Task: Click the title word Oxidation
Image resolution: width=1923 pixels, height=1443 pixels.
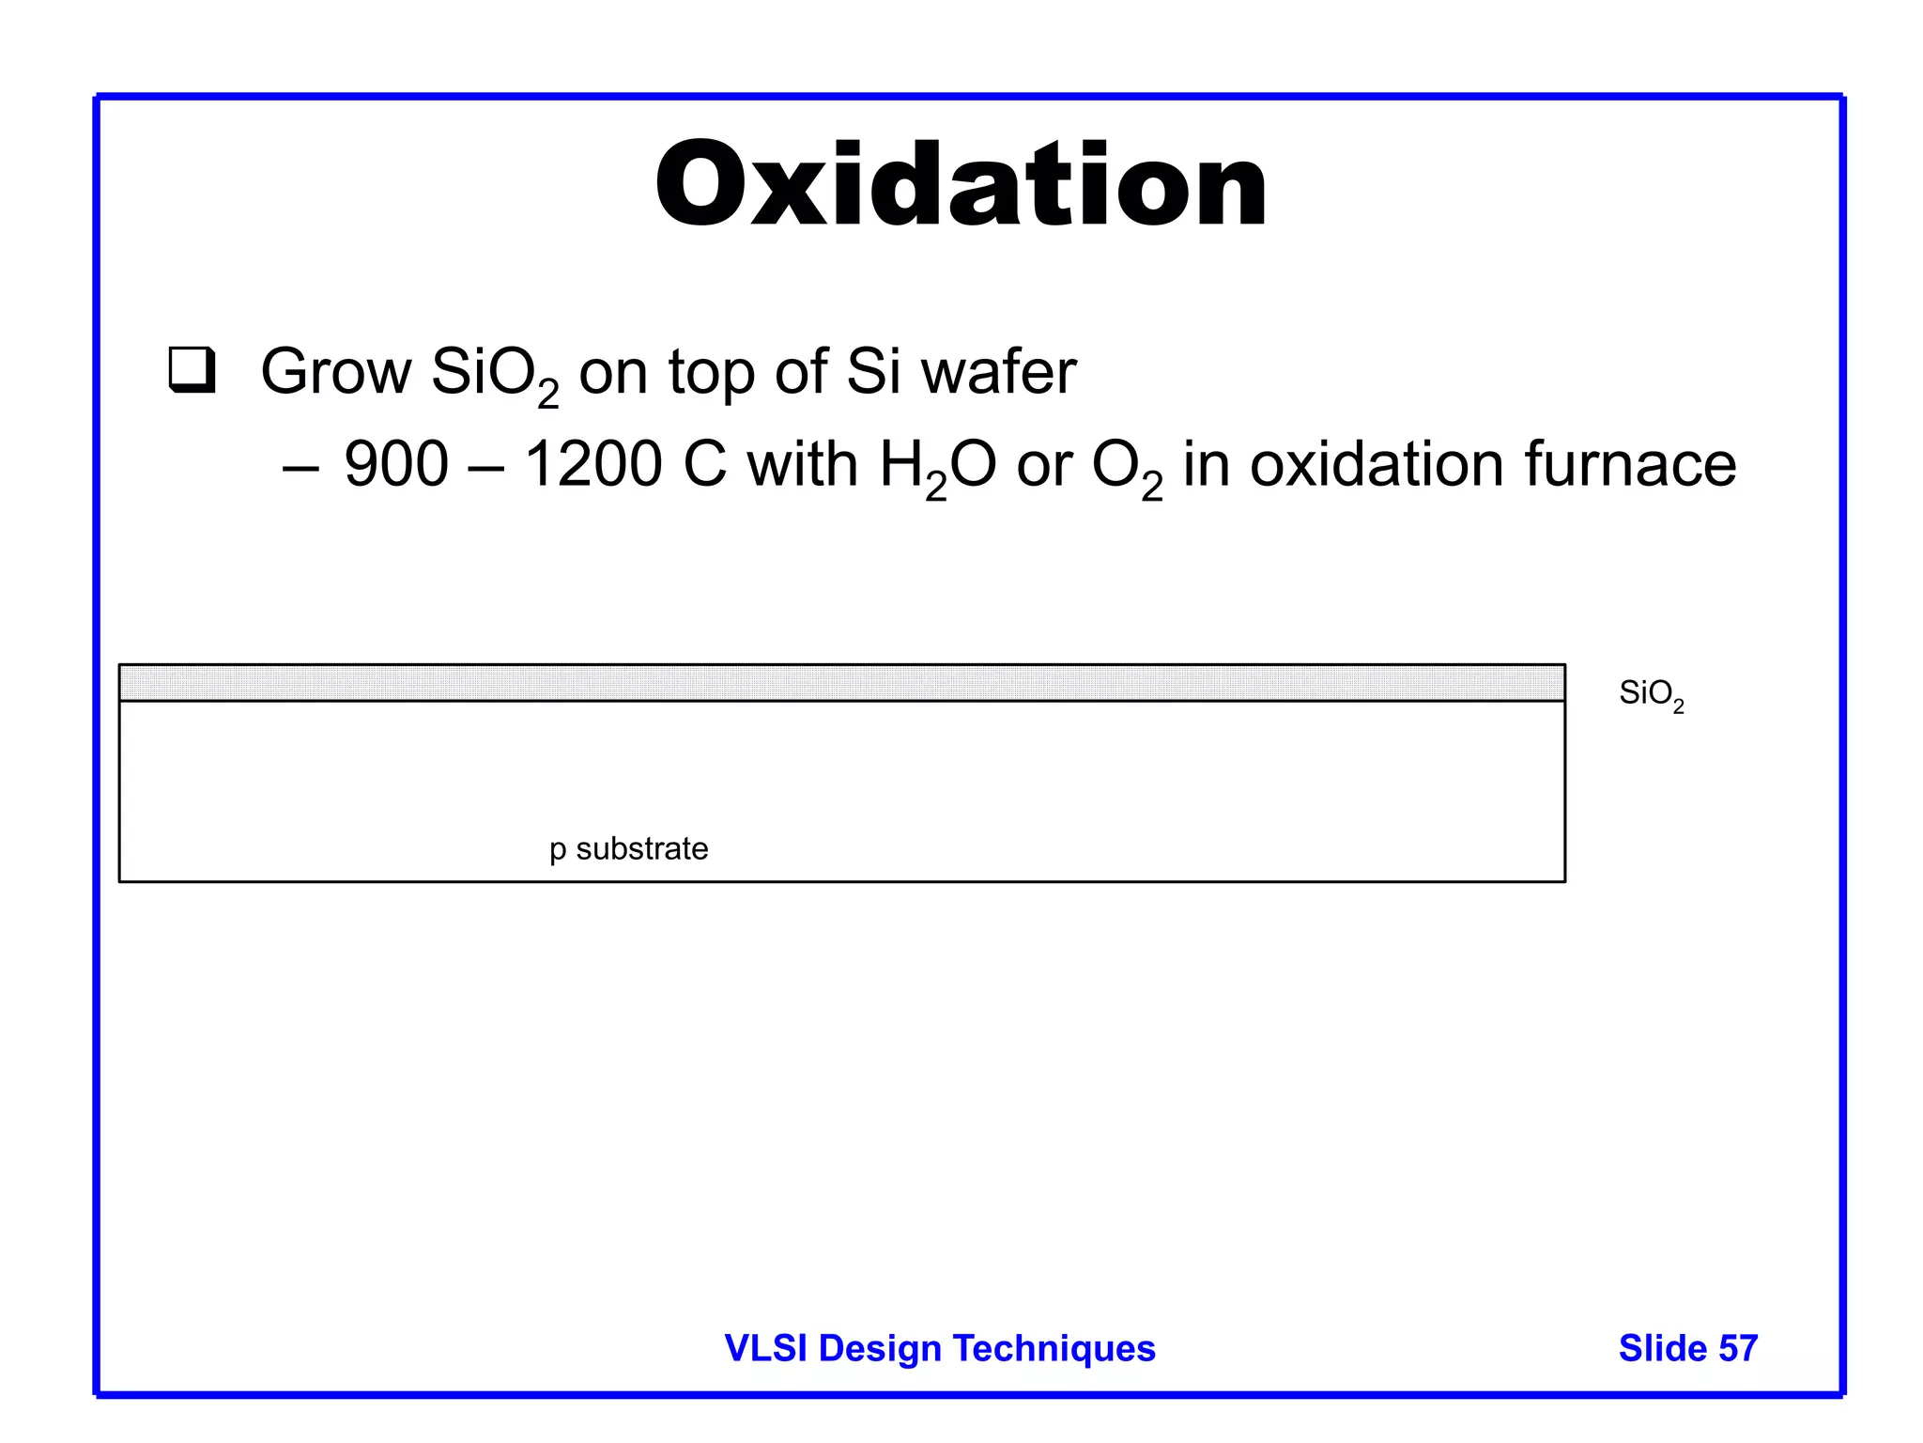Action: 961,185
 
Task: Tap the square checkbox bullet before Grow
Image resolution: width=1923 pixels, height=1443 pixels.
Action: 192,370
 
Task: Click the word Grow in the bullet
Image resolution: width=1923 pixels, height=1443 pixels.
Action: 335,372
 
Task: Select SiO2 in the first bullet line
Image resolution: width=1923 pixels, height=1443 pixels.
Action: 494,374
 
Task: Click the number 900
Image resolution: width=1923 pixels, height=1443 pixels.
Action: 396,464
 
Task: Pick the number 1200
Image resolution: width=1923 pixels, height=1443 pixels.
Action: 592,464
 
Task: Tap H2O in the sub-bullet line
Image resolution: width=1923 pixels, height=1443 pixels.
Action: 937,466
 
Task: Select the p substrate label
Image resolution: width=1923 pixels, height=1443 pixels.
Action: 628,849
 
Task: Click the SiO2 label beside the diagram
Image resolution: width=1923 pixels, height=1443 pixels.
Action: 1651,695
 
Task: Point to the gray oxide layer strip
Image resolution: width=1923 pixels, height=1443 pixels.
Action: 841,683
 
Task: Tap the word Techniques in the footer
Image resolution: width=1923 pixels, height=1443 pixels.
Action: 1054,1348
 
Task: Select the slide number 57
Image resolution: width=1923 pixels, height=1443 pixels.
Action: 1738,1348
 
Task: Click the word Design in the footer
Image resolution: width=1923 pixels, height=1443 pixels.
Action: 880,1348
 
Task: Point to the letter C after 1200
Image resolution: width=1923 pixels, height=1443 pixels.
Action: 705,464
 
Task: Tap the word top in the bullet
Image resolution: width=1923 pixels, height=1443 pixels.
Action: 711,374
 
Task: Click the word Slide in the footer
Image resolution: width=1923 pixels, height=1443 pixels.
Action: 1663,1348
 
